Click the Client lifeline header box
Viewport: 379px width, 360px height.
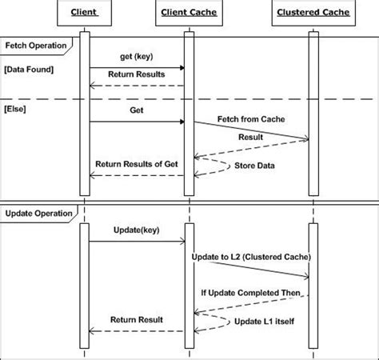(84, 13)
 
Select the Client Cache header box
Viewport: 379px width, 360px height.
(188, 13)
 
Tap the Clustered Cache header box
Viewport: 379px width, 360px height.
(313, 13)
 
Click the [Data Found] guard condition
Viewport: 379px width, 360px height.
(29, 70)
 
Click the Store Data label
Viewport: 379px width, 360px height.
(253, 166)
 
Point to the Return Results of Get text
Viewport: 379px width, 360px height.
(138, 164)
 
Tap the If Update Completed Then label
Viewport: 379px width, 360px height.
(250, 294)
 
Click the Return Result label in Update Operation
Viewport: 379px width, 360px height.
(136, 319)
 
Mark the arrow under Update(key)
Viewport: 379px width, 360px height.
(136, 240)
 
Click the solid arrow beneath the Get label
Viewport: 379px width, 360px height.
(136, 122)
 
